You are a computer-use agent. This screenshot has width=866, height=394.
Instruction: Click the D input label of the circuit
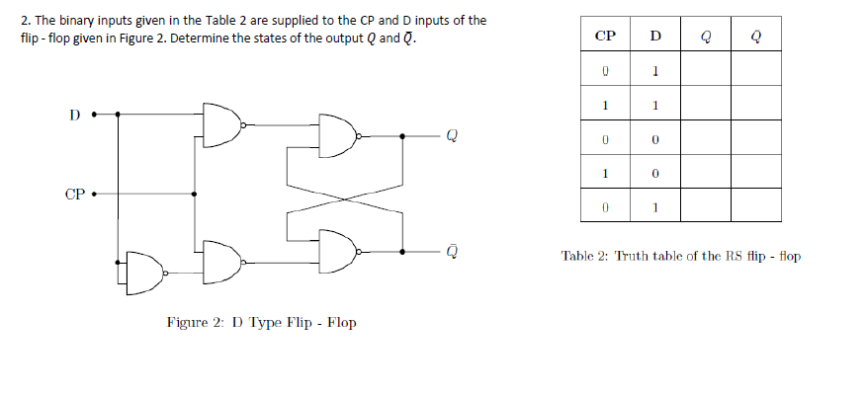[x=74, y=113]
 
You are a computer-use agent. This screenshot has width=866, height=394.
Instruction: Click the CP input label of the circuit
[x=74, y=194]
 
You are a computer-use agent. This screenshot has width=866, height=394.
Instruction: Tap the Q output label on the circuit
[x=451, y=136]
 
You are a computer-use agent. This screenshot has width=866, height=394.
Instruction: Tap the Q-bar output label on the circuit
[x=451, y=250]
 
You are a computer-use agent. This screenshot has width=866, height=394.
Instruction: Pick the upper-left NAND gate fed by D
[x=221, y=124]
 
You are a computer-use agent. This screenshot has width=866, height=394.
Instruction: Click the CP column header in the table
[x=606, y=38]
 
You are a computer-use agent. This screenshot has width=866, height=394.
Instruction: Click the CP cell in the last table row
[x=606, y=207]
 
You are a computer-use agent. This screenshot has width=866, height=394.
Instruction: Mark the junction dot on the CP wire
[x=194, y=194]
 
